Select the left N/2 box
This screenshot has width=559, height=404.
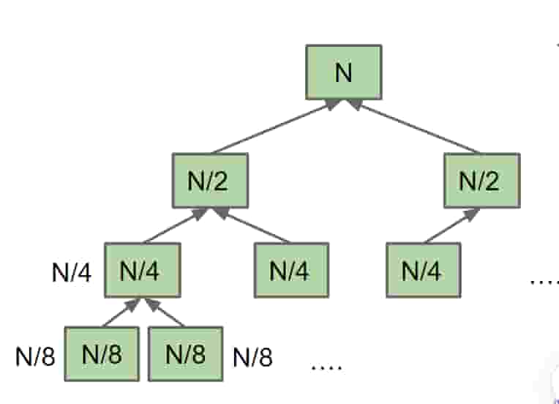pos(211,180)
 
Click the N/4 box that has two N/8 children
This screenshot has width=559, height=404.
pos(142,272)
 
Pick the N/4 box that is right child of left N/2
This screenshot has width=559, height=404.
pos(290,272)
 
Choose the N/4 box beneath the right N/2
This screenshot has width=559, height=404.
pos(424,272)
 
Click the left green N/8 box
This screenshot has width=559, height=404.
pos(102,355)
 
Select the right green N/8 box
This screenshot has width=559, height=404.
pos(186,355)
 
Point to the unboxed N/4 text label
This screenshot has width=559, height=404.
pos(72,273)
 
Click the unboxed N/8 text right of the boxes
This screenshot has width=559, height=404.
pos(252,358)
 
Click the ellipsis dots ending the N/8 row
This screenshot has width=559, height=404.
pos(326,364)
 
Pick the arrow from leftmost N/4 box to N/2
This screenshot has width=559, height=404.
pos(173,226)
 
